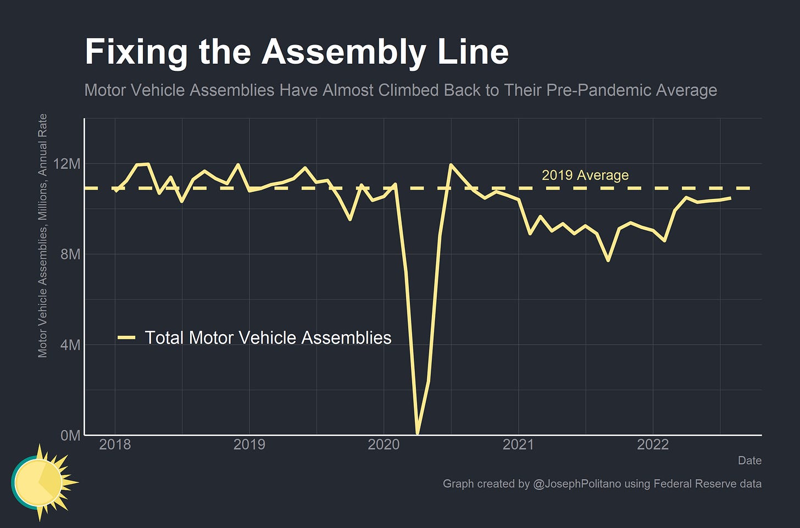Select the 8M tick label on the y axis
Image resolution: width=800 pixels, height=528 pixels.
[70, 254]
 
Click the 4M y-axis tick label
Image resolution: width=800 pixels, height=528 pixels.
[70, 345]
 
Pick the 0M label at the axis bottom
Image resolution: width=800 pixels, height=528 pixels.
[70, 436]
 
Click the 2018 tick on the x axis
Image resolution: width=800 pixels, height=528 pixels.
[115, 444]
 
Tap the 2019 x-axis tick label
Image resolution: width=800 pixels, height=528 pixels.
[249, 444]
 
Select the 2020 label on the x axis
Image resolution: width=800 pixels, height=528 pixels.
[384, 444]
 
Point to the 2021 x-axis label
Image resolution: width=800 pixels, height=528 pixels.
[518, 444]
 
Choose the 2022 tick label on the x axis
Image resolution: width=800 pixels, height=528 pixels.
[653, 444]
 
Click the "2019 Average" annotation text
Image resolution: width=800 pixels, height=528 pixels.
[585, 175]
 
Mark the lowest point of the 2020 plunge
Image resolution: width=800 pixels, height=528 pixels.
[418, 433]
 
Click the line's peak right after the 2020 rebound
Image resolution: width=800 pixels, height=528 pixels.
[451, 165]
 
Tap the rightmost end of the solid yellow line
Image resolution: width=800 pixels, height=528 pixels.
[730, 198]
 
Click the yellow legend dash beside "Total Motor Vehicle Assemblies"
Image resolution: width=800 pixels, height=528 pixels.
[127, 338]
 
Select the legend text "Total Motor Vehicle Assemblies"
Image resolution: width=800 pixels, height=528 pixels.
[268, 338]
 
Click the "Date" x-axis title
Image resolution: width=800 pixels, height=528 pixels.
[749, 460]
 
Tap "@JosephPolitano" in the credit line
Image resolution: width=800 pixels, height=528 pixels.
[577, 484]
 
